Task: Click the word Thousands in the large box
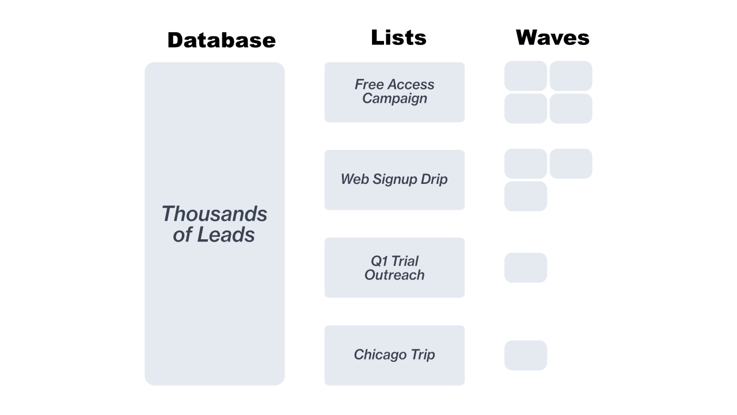[214, 214]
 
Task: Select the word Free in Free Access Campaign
[368, 85]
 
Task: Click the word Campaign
[394, 99]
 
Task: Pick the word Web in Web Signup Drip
[354, 179]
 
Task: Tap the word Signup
[394, 180]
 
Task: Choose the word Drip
[434, 180]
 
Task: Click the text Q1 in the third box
[379, 261]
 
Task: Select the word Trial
[405, 261]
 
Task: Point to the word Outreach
[394, 275]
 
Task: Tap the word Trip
[423, 355]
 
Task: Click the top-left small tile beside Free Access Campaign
[526, 76]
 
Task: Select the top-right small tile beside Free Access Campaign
[571, 76]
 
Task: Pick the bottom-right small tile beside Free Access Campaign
[571, 109]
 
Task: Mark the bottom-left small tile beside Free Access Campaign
[526, 109]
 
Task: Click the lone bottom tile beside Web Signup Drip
[526, 197]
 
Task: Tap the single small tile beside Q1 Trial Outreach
[526, 268]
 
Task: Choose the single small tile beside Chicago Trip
[526, 356]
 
